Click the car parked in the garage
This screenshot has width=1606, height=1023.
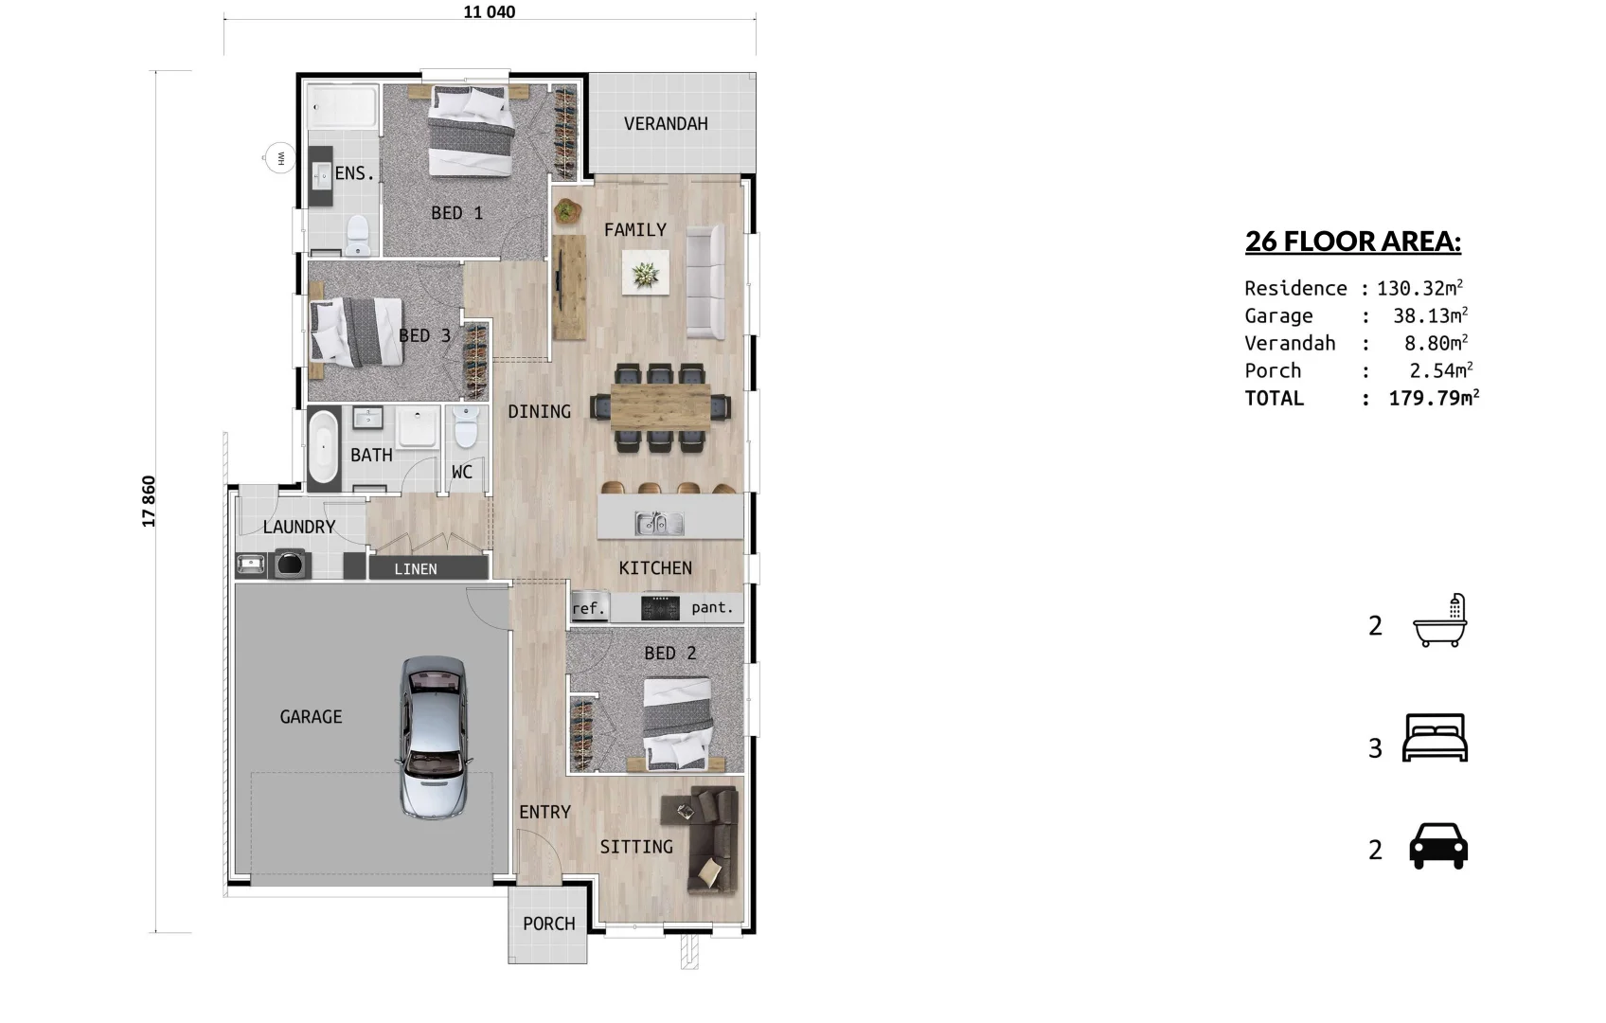pos(433,738)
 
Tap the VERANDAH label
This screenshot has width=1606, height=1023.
pos(666,124)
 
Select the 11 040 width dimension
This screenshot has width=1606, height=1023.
pos(489,12)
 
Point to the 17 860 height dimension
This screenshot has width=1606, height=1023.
pos(149,501)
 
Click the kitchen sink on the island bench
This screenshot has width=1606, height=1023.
pos(659,523)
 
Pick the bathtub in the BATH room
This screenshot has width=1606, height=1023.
pos(323,446)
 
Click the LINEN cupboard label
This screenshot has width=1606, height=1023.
pos(415,569)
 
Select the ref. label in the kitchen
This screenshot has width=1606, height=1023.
pos(589,609)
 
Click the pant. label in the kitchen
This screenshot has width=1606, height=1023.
pos(712,607)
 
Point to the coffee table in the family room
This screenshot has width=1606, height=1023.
pos(645,273)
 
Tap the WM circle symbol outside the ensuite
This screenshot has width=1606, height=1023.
pos(279,158)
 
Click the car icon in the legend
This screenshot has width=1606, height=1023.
pos(1438,846)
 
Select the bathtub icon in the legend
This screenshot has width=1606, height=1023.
pos(1440,620)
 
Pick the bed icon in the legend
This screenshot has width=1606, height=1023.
pos(1436,738)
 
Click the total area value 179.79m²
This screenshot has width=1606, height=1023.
pos(1434,398)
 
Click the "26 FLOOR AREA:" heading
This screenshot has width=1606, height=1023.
pos(1353,242)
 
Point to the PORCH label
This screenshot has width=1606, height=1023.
pos(548,924)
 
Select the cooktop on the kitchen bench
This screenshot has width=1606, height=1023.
pos(660,607)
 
